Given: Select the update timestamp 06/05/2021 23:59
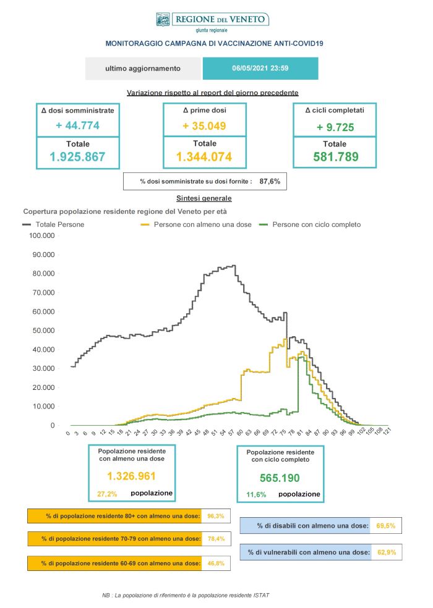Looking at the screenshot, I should coord(260,69).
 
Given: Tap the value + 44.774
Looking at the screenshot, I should coord(77,125).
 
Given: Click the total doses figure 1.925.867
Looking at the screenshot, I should coord(77,157).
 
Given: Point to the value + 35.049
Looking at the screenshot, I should coord(204,125).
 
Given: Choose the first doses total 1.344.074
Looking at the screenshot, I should coord(204,157).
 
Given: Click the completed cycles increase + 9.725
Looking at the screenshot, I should coord(334,127).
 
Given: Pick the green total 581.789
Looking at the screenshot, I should coord(334,157).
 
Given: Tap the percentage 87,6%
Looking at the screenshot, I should coord(270,181).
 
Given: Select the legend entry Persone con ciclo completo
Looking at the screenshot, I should coord(316,224).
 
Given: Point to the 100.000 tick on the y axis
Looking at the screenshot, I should coord(42,235).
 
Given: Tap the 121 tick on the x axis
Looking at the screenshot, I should coord(386,434).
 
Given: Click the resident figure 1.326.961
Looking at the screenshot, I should coord(131,476).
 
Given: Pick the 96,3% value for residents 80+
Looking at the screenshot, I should coord(215,515).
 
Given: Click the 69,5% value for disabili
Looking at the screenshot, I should coord(385,526).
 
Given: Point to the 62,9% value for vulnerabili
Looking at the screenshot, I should coord(385,552).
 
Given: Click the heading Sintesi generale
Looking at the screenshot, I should coord(204,199).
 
